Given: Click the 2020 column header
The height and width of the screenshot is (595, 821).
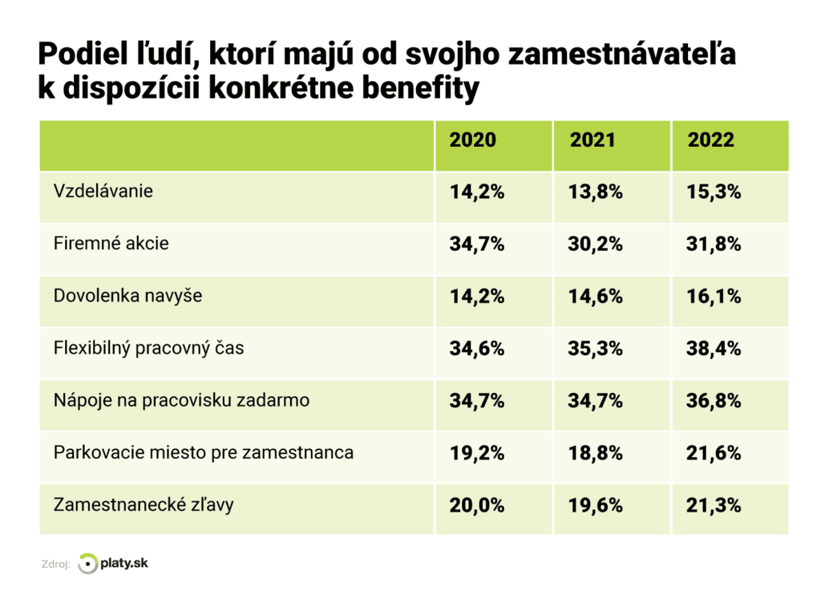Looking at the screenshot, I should [472, 140].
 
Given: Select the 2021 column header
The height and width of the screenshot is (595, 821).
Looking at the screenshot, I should [592, 140].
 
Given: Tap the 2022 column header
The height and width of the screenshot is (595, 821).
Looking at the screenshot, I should [710, 140].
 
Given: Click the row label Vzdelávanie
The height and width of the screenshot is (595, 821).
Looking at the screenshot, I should [103, 192].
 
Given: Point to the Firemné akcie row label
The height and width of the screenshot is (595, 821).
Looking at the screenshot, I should [111, 244].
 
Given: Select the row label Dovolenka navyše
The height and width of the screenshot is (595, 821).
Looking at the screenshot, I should [127, 296].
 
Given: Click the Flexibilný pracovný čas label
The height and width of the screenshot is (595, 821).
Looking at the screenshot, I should [148, 349].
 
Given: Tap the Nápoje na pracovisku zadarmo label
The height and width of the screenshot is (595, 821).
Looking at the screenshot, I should [181, 400].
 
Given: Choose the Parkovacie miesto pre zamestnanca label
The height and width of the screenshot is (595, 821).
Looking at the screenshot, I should [203, 453].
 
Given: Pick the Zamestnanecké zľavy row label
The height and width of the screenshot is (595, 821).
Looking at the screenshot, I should [144, 505].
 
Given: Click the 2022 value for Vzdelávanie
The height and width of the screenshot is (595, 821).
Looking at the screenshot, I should [714, 192].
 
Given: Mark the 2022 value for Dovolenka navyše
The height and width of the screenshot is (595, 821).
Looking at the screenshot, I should [714, 297].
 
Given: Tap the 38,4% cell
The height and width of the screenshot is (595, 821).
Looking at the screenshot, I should [714, 350].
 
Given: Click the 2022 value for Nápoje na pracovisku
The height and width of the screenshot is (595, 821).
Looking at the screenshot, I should [714, 401].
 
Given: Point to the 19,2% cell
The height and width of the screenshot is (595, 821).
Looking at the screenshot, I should [476, 454].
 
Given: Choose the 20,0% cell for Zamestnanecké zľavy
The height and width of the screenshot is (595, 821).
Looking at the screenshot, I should [476, 506].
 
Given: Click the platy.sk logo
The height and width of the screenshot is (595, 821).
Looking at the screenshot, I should [113, 564].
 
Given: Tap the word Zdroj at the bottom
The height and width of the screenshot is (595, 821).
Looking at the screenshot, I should [55, 565].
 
